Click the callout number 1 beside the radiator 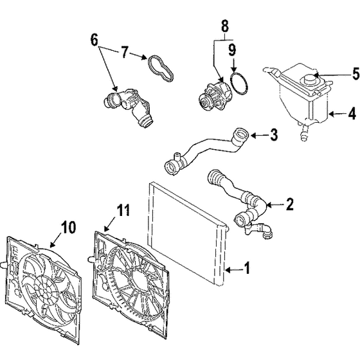coord(247,268)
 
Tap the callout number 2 coord(290,204)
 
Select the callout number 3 coord(274,135)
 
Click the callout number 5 coord(355,74)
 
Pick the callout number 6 coord(94,40)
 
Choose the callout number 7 coord(124,52)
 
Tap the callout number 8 coord(225,26)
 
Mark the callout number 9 coord(232,50)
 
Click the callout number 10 coord(68,228)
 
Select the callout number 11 coord(123,210)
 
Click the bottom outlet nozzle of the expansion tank coord(303,135)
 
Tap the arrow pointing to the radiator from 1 coord(234,270)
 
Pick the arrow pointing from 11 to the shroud coord(111,224)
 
